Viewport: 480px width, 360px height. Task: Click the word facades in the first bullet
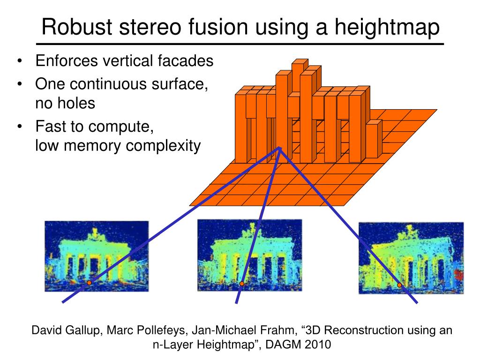pyautogui.click(x=187, y=60)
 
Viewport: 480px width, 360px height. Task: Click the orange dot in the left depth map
pyautogui.click(x=89, y=283)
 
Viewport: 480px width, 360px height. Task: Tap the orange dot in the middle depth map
pyautogui.click(x=242, y=284)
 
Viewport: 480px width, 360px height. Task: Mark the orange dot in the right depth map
pyautogui.click(x=399, y=285)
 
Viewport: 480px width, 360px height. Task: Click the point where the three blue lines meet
pyautogui.click(x=280, y=148)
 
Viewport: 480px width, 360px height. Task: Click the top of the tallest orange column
pyautogui.click(x=299, y=62)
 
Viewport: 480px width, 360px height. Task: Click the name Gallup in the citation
pyautogui.click(x=84, y=330)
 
